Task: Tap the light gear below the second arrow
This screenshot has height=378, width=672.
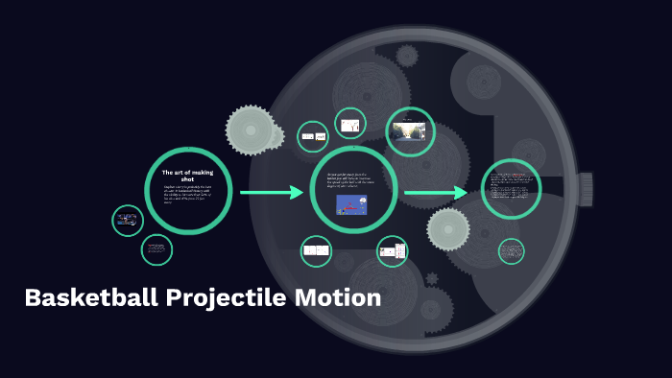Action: [x=448, y=229]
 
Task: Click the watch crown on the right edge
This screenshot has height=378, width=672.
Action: [x=584, y=189]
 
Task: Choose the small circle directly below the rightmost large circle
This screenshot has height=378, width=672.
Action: [x=512, y=251]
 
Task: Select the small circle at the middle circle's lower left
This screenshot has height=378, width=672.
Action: [x=316, y=251]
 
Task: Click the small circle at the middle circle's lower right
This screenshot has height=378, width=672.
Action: [x=392, y=252]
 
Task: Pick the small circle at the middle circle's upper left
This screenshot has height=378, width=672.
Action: [x=313, y=137]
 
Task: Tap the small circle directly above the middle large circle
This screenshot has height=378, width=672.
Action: [x=350, y=124]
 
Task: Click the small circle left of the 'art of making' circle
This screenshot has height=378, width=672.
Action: [x=128, y=221]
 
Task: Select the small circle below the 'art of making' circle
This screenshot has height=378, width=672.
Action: [x=156, y=250]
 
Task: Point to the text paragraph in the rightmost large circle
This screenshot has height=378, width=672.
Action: [x=511, y=188]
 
